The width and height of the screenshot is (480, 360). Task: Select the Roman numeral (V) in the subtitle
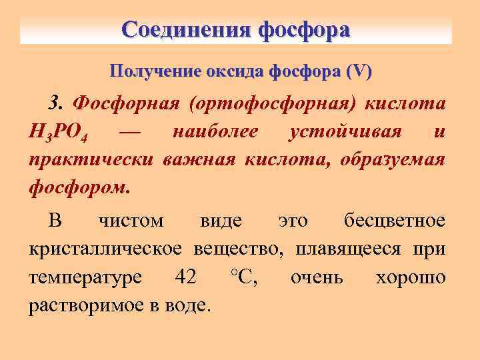[359, 71]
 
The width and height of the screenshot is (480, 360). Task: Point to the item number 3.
[57, 104]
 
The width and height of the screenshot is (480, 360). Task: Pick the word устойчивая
[345, 132]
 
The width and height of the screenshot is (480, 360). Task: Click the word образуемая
[393, 160]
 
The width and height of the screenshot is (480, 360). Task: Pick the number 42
[185, 277]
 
